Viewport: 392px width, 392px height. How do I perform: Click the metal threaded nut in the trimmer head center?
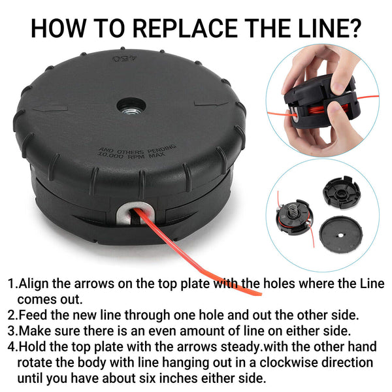[x=131, y=110]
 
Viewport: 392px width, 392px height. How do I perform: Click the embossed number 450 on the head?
[x=125, y=59]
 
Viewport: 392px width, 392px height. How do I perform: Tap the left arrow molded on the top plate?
[x=50, y=108]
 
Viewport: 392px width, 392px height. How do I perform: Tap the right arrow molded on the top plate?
[x=212, y=103]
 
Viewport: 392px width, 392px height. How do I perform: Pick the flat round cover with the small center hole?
[x=341, y=235]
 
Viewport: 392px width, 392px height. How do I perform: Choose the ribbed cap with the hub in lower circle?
[x=342, y=192]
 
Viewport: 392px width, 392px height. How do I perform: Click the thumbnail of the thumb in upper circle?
[x=338, y=86]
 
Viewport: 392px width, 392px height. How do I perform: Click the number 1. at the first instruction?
[x=13, y=284]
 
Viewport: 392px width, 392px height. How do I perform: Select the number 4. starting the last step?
[x=13, y=347]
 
